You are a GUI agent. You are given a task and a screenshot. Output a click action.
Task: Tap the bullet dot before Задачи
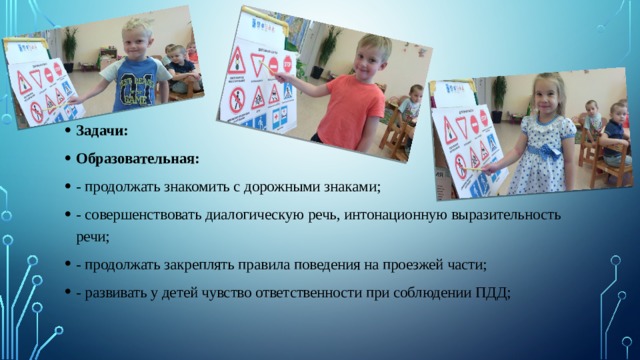(64, 130)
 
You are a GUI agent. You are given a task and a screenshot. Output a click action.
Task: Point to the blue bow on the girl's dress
(546, 150)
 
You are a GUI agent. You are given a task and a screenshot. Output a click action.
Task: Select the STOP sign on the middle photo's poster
(287, 64)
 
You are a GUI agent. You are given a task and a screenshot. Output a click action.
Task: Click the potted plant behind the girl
(498, 95)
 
